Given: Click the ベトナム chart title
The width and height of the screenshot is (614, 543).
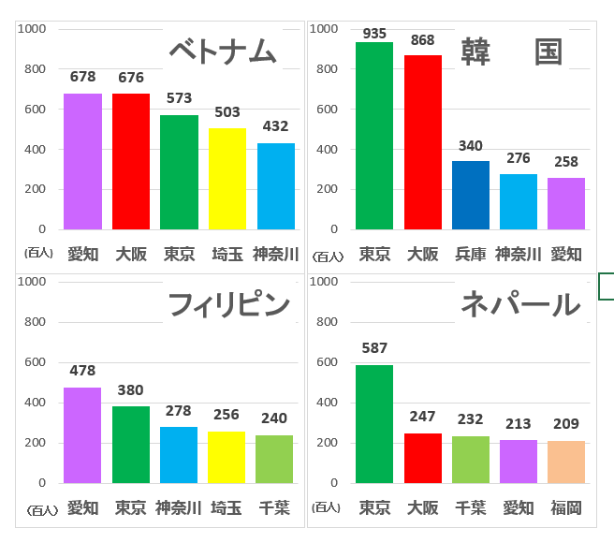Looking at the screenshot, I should [222, 51].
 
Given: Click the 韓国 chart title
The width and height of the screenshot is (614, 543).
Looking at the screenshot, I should [511, 51].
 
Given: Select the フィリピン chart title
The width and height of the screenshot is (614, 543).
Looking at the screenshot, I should [228, 304].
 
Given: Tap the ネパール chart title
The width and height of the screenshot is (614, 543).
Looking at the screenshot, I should [519, 304].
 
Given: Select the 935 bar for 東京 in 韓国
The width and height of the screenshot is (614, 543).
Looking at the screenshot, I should [374, 136].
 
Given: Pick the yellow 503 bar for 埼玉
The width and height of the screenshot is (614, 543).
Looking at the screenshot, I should [227, 179].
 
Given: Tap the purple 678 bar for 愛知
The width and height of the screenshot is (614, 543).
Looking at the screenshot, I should [82, 161].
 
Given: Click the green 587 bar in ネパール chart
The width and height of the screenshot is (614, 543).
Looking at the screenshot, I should [374, 424].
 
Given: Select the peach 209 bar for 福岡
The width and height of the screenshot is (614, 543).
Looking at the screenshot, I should [566, 462].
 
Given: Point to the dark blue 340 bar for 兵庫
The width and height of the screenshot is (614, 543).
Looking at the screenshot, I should [471, 195].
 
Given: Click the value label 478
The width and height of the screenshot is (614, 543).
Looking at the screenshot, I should [82, 371].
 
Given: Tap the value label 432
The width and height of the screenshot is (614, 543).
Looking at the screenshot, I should [275, 126].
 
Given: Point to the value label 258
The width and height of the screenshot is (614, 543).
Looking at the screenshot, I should [566, 161].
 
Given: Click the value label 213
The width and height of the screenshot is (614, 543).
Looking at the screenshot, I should [519, 424].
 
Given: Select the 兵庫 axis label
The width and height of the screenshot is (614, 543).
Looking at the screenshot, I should [471, 254].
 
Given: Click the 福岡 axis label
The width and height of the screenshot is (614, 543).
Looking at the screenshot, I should [566, 508].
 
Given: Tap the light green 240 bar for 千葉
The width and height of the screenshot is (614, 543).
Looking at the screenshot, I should [274, 459].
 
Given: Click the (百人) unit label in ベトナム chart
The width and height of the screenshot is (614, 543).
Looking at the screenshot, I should [40, 254].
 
